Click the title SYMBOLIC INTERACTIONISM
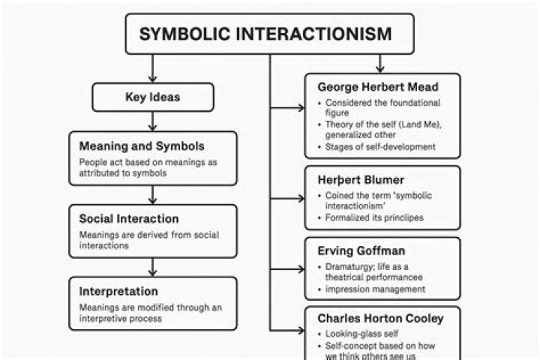tap(265, 34)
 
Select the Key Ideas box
tap(153, 97)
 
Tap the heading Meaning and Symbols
tap(142, 145)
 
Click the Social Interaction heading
tap(129, 219)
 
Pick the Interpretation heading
tap(118, 291)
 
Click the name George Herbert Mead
tap(378, 87)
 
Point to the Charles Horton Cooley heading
tap(380, 319)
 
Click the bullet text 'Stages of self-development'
tap(379, 147)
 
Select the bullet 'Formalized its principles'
tap(375, 217)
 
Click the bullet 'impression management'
tap(375, 289)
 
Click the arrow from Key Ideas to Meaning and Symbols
tap(153, 121)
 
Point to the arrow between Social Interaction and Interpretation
tap(153, 267)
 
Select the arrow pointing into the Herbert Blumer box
tap(288, 199)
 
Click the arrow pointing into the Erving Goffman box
tap(288, 267)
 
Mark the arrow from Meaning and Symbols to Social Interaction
tap(153, 194)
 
